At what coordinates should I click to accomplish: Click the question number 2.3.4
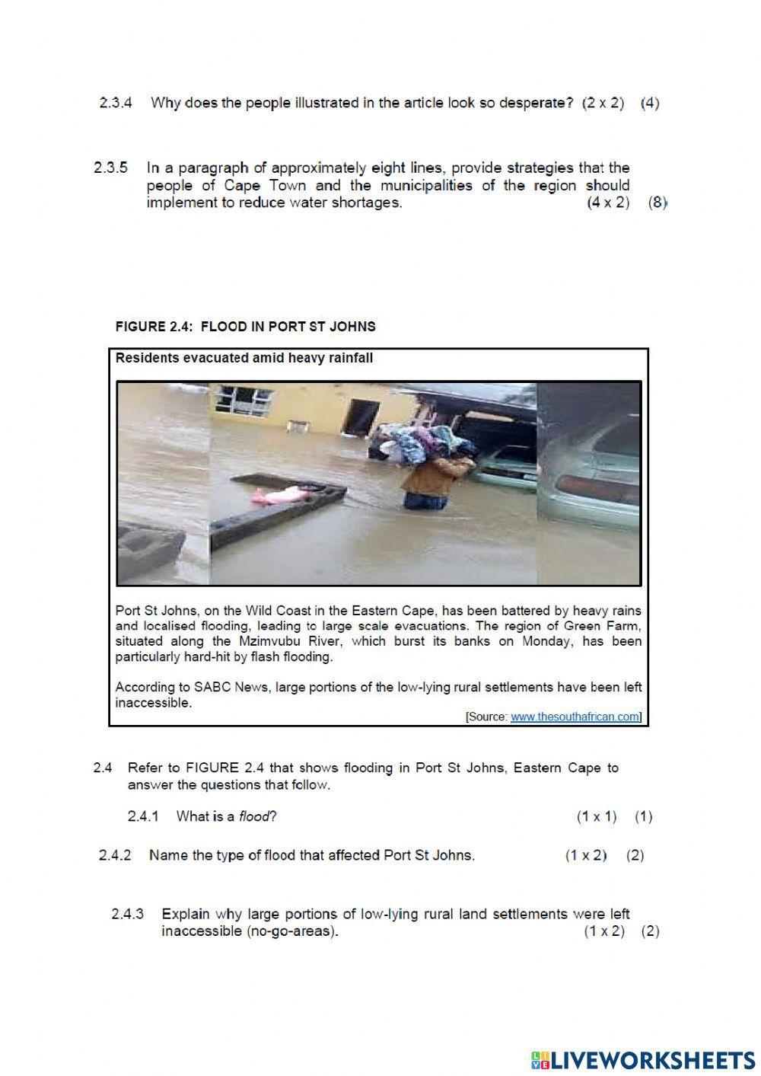116,103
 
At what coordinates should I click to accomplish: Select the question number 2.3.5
111,167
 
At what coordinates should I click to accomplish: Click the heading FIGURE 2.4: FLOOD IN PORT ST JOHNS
245,327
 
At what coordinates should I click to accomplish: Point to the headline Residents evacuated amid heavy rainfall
244,358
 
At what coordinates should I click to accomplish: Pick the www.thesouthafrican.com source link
575,717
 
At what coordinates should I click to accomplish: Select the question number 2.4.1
143,816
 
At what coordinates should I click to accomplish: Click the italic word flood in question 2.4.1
253,816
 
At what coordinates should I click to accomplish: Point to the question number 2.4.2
115,855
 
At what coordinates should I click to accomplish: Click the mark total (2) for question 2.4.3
650,931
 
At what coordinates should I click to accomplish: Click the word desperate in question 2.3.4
536,103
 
